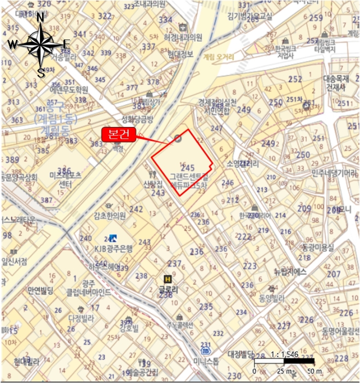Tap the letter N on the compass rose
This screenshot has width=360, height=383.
tap(40, 17)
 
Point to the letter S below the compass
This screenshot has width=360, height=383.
tap(40, 72)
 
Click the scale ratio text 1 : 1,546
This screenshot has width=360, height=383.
tap(284, 354)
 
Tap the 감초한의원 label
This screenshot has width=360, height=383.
tap(110, 214)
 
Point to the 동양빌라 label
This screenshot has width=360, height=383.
tap(271, 299)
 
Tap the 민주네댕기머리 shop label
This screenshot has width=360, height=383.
tap(334, 173)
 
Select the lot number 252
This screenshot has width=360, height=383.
tap(295, 79)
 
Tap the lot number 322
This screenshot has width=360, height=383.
tap(104, 15)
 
